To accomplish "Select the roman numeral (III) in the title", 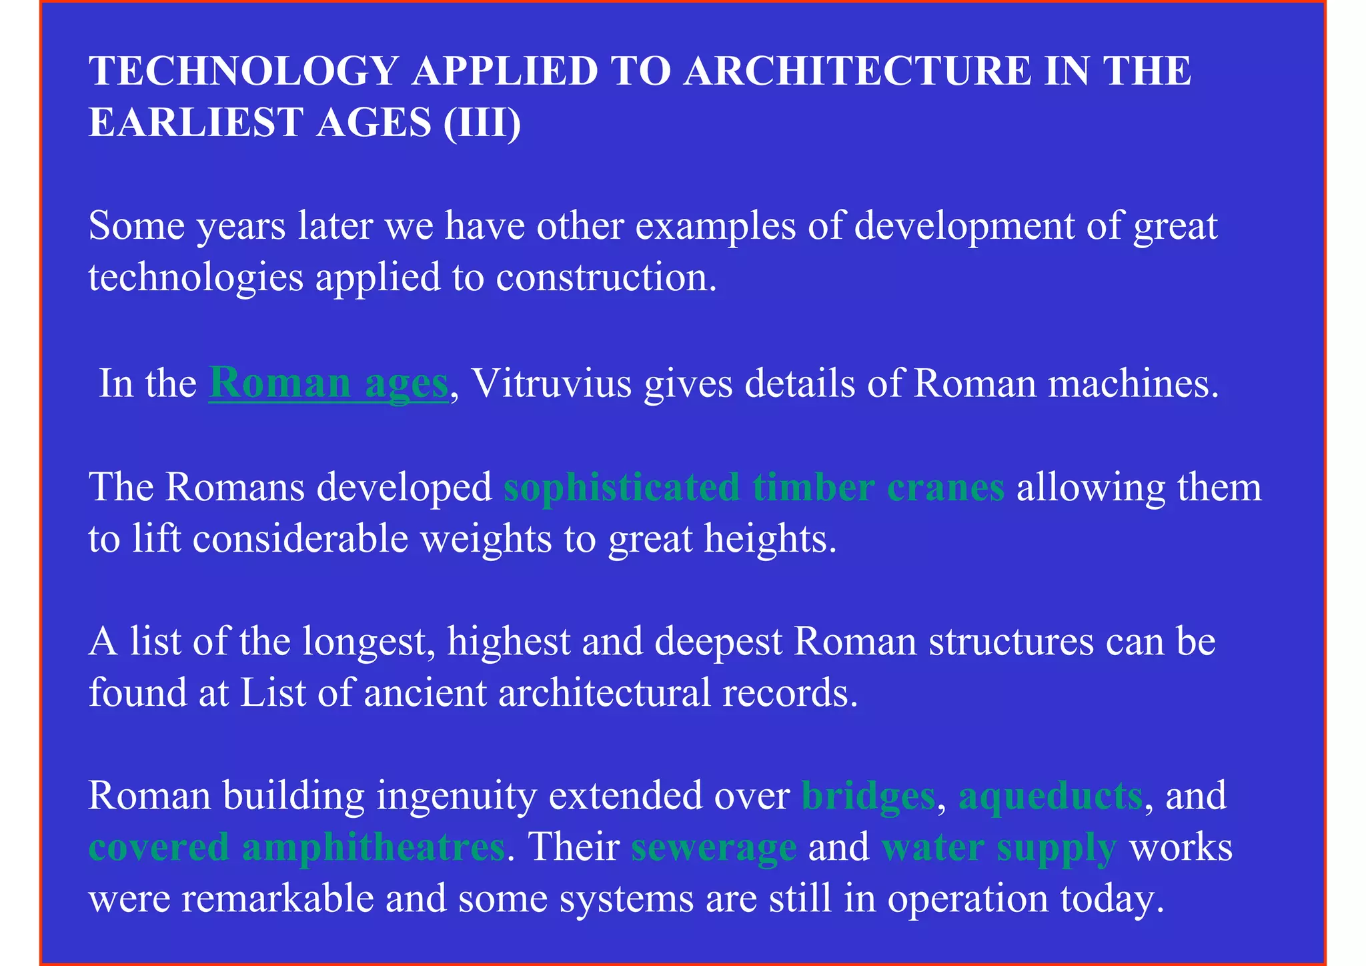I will pos(482,123).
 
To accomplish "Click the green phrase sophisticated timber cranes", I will pos(754,488).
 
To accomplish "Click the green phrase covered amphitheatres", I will pos(297,848).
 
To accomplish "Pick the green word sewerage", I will pos(714,848).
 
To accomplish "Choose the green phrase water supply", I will pos(998,848).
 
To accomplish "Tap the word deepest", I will pos(718,642).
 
